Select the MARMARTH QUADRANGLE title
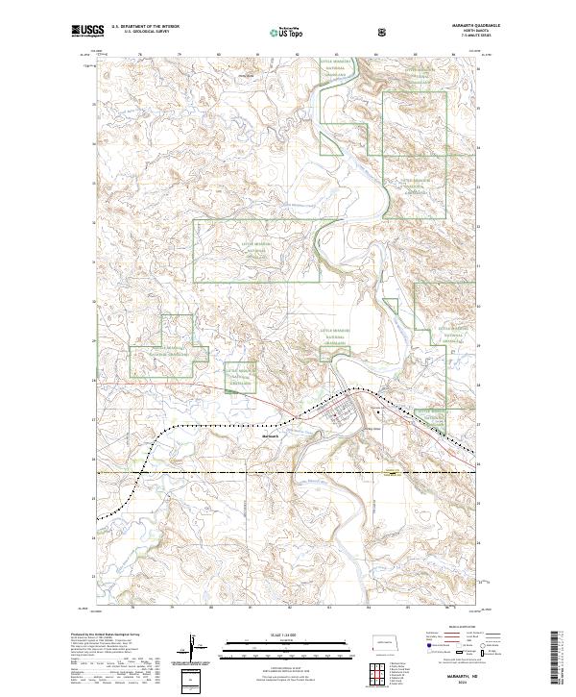click(455, 26)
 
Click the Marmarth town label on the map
click(270, 435)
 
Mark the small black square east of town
click(380, 412)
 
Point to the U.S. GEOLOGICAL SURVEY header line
click(139, 33)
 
